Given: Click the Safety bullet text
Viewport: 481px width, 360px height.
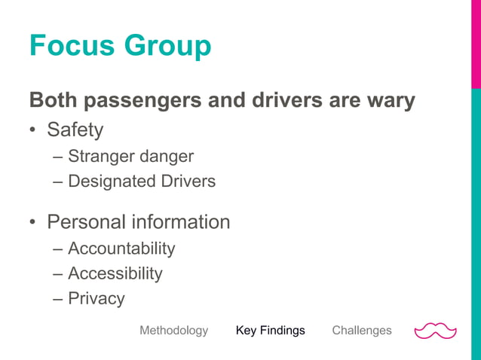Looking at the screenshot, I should (x=75, y=130).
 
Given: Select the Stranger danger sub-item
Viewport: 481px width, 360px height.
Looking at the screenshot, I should (x=130, y=157).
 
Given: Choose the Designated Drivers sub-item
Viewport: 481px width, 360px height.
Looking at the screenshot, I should (x=141, y=182).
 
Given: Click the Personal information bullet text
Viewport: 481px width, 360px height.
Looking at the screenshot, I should (x=138, y=222).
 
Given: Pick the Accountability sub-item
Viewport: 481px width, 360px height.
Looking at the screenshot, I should (x=121, y=249).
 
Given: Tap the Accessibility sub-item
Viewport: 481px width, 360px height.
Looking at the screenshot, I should (x=115, y=273).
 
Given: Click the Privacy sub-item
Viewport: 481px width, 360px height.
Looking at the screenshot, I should (x=96, y=298).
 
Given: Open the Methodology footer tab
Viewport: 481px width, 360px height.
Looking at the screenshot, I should (x=173, y=331).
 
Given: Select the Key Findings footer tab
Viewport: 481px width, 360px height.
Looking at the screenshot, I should (x=270, y=331).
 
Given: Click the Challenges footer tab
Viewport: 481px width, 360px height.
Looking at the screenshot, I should (x=362, y=331).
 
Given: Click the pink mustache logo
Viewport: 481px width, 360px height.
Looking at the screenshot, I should (x=436, y=331).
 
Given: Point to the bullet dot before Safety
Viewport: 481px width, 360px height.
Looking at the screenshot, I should (x=33, y=132).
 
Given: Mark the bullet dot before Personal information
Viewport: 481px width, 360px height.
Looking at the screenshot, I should (x=33, y=224).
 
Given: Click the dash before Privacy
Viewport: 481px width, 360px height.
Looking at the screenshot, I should (x=58, y=299).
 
